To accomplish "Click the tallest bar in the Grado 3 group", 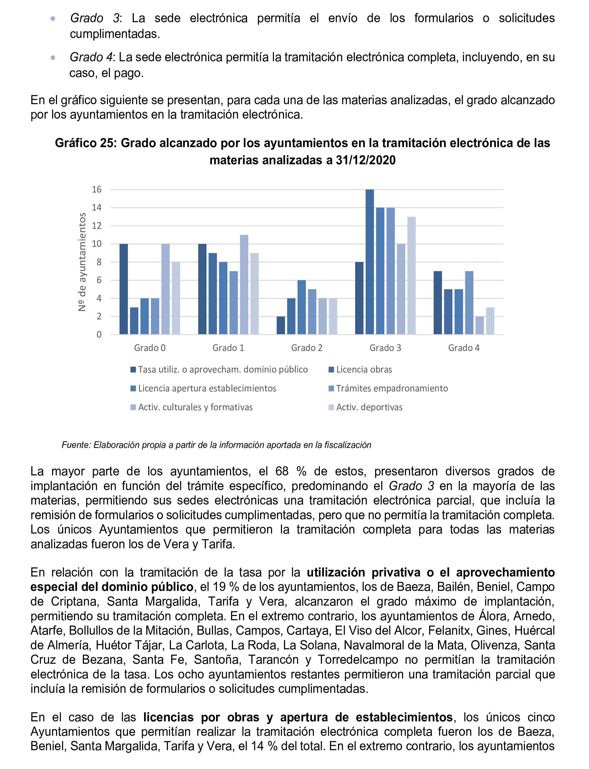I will click(x=370, y=262).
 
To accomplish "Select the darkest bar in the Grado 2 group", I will click(x=281, y=325).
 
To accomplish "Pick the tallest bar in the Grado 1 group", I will click(x=244, y=284).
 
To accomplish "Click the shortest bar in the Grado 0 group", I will click(x=134, y=321).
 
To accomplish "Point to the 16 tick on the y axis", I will click(x=97, y=190).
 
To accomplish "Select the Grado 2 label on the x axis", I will click(x=306, y=348).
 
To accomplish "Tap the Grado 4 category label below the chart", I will click(x=463, y=348).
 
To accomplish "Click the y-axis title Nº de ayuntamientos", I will click(x=82, y=262).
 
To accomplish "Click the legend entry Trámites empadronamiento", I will click(x=392, y=388).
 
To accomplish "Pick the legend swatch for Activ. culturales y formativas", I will click(x=133, y=407).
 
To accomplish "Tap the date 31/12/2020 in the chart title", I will click(x=365, y=160).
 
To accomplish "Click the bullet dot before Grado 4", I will click(x=53, y=58).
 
